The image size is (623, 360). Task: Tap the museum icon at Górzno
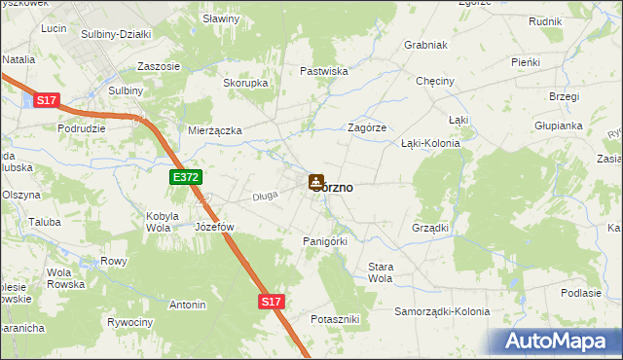pyautogui.click(x=316, y=181)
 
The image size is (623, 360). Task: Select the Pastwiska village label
pyautogui.click(x=324, y=71)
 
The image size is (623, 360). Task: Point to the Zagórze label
pyautogui.click(x=368, y=127)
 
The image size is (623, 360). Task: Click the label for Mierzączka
pyautogui.click(x=215, y=129)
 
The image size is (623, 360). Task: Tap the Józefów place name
pyautogui.click(x=215, y=227)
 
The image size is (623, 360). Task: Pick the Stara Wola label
pyautogui.click(x=379, y=272)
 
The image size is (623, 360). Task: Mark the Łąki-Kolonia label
pyautogui.click(x=430, y=143)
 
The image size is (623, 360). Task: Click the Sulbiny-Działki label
pyautogui.click(x=117, y=34)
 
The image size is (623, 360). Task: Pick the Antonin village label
pyautogui.click(x=187, y=305)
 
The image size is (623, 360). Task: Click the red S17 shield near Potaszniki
pyautogui.click(x=272, y=303)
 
